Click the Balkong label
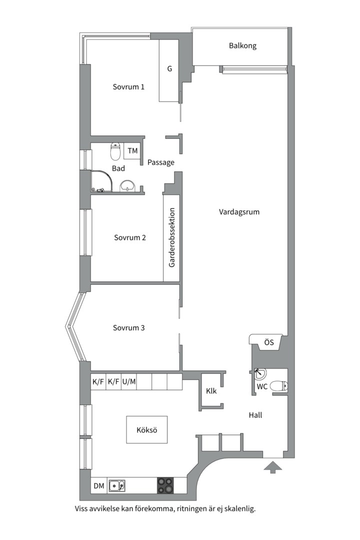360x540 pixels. tap(242, 46)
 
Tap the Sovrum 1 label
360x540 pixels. tap(128, 87)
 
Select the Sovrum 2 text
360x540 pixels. tap(130, 237)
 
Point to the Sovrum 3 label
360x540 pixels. tap(129, 328)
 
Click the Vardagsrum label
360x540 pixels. tap(239, 212)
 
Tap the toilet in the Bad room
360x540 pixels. tap(115, 152)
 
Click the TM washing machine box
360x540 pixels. tap(132, 151)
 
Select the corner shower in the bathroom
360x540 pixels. tap(102, 181)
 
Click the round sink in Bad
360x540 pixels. tap(128, 186)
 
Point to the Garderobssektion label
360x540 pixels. tap(172, 237)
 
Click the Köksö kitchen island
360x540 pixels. tap(147, 430)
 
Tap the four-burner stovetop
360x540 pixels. tap(165, 485)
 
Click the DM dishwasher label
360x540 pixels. tap(99, 486)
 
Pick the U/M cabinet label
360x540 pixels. tap(129, 381)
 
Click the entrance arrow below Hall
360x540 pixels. tap(273, 467)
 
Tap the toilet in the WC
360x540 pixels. tap(278, 386)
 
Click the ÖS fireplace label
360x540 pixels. tap(269, 342)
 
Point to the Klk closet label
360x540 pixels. tap(211, 391)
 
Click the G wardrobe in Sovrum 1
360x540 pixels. tap(169, 70)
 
